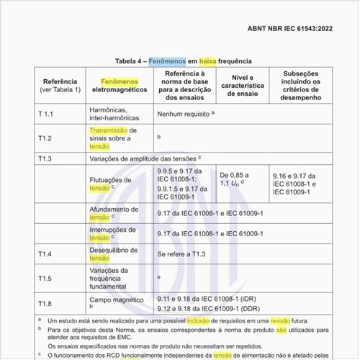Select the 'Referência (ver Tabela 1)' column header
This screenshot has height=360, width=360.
(60, 88)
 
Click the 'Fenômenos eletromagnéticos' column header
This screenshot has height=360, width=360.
(120, 88)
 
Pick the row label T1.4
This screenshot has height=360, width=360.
(45, 253)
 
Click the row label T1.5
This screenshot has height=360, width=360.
(45, 277)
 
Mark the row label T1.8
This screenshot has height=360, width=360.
(45, 302)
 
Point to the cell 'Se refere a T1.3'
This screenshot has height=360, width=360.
(182, 253)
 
